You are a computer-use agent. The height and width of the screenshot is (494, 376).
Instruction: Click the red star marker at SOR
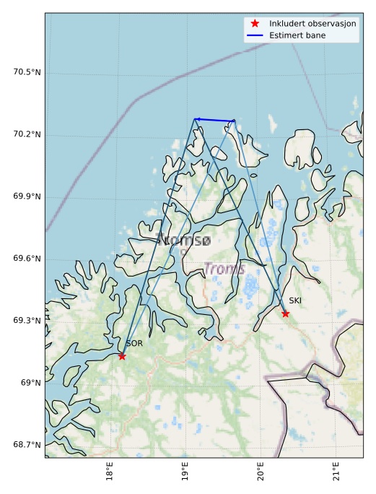[122, 356]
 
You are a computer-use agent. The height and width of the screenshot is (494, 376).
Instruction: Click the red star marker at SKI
[286, 313]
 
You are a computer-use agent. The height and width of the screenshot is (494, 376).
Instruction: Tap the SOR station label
[134, 344]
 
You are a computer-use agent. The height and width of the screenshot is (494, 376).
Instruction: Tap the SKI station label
[295, 300]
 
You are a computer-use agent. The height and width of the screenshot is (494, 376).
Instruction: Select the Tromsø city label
[184, 240]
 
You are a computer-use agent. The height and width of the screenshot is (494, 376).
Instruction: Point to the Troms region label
[224, 269]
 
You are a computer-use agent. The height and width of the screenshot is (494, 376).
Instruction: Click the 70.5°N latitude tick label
[27, 72]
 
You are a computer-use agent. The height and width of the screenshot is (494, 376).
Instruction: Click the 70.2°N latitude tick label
[27, 134]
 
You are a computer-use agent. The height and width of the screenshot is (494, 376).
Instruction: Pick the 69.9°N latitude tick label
[27, 196]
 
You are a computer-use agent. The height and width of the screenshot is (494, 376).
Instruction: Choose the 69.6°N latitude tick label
[27, 259]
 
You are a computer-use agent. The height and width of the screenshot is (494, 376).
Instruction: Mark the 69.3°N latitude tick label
[27, 321]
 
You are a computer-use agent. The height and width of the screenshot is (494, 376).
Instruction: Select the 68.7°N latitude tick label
[27, 445]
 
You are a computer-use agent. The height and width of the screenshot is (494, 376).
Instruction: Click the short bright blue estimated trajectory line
[214, 120]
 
